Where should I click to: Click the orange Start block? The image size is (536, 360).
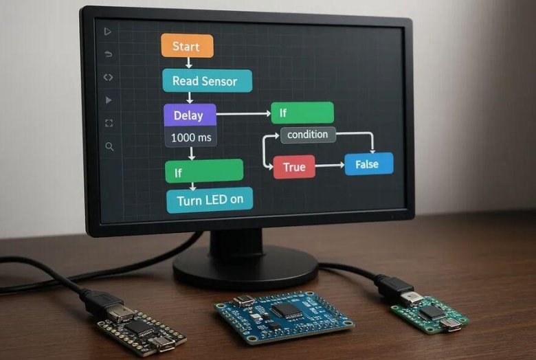[187, 46]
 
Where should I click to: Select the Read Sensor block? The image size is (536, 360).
[207, 81]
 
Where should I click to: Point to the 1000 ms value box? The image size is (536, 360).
[191, 137]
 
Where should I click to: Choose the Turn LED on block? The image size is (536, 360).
[210, 201]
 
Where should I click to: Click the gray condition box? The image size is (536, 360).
[308, 135]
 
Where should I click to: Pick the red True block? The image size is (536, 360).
[294, 167]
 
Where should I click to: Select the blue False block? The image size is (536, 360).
[369, 164]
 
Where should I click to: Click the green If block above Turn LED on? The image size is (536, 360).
[204, 170]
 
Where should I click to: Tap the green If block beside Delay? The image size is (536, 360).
[302, 113]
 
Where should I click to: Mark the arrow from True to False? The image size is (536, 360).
[329, 166]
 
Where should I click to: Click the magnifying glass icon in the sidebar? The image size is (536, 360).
[109, 146]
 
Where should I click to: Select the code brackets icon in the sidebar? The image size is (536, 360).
[108, 78]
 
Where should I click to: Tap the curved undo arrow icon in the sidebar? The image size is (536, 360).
[108, 54]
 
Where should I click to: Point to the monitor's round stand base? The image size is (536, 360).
[245, 268]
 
